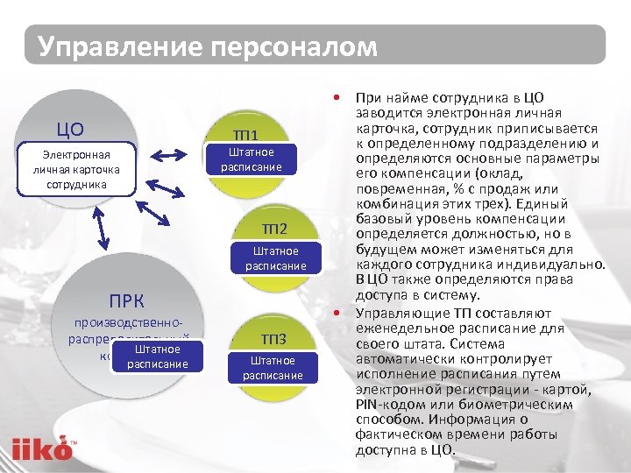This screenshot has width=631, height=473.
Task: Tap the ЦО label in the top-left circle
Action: [x=70, y=130]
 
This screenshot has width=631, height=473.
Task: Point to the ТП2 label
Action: [x=274, y=229]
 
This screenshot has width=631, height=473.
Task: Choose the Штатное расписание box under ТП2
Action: [x=275, y=258]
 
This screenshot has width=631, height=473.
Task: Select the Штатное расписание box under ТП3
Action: [x=273, y=368]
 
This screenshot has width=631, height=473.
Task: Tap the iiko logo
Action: [x=42, y=449]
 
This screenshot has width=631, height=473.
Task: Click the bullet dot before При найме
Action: [x=337, y=99]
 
